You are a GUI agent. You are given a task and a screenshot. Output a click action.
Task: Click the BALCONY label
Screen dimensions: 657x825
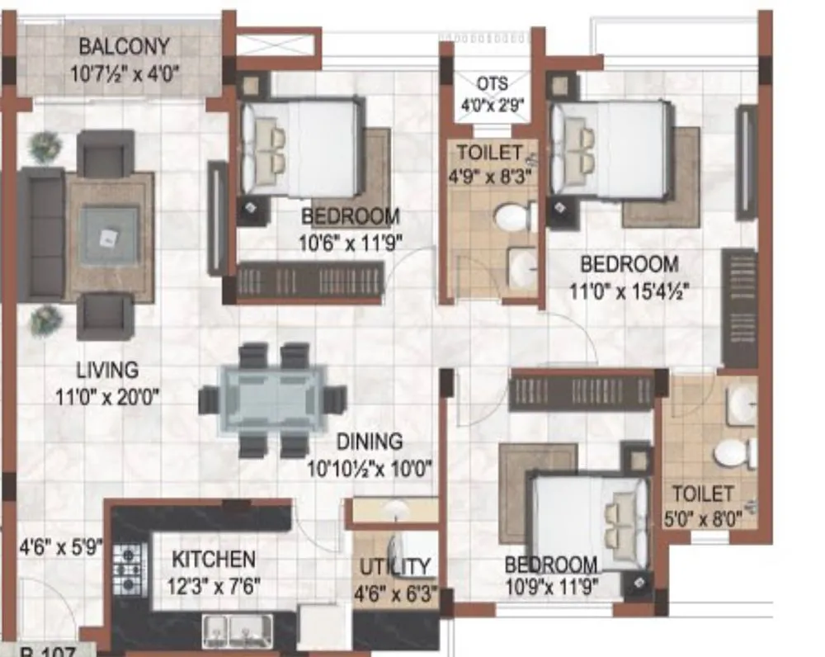point(125,46)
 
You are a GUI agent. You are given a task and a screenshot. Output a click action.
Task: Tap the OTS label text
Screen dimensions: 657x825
point(492,84)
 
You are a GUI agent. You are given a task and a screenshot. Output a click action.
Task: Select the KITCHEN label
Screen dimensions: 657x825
point(213,560)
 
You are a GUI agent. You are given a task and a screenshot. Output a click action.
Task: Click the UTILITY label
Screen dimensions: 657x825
point(394,567)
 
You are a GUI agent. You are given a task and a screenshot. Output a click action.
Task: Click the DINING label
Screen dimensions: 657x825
point(368,442)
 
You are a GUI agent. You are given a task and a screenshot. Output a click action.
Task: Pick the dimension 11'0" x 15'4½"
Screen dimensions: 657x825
point(629,291)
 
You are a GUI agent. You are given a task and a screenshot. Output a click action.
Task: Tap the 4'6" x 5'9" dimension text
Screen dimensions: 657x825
point(60,546)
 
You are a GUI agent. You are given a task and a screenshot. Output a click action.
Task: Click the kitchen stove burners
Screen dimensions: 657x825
point(128,570)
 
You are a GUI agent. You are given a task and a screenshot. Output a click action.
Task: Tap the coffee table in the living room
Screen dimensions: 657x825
point(108,236)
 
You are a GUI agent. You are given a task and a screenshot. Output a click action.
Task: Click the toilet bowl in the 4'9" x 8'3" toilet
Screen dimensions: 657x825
point(513,217)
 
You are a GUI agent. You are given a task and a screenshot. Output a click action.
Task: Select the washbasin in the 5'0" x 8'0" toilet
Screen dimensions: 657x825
point(741,405)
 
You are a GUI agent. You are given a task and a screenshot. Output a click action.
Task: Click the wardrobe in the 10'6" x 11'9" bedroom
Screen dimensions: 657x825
point(310,281)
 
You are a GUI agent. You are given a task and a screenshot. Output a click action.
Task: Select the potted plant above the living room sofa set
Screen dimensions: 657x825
point(45,148)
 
